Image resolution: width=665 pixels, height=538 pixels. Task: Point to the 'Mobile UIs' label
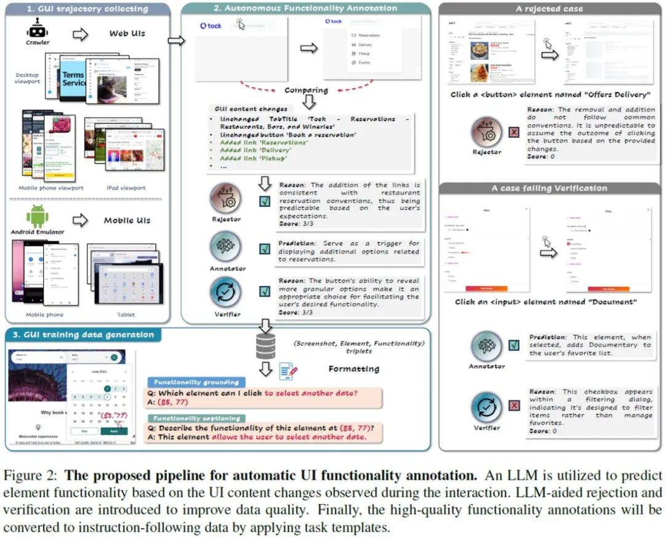[127, 220]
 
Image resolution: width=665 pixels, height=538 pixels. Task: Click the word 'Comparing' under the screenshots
[307, 90]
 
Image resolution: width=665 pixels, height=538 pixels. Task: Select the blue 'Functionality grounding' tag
[191, 382]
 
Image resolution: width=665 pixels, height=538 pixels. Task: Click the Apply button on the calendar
[115, 432]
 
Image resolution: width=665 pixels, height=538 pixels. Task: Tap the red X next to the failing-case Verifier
[514, 405]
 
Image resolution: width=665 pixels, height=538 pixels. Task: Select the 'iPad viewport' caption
[126, 188]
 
